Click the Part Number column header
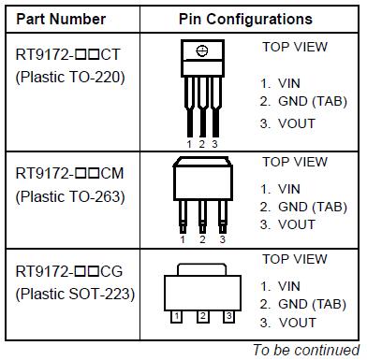[66, 19]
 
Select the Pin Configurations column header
[245, 19]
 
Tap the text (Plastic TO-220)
[70, 77]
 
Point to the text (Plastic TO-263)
[70, 196]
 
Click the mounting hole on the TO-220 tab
[202, 50]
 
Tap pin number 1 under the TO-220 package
[189, 143]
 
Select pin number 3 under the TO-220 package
[214, 143]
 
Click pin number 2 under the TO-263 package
[201, 239]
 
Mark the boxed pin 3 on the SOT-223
[225, 317]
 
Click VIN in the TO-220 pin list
[288, 83]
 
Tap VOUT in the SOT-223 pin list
[296, 323]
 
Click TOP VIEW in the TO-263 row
[295, 162]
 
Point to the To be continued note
[305, 350]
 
